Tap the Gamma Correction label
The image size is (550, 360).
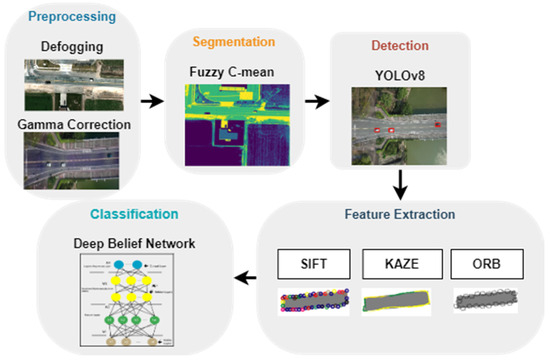tap(73, 124)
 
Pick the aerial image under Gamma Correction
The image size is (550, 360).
tap(72, 162)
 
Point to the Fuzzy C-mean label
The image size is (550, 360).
tap(231, 72)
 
